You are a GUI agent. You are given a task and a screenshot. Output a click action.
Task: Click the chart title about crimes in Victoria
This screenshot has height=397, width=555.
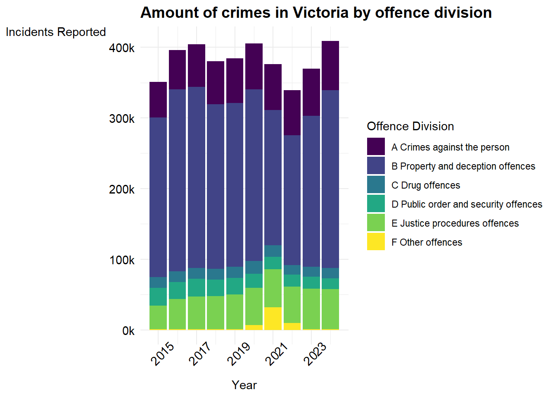(x=316, y=12)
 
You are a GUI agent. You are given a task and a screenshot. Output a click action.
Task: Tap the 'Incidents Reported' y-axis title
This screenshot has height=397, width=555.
(x=56, y=32)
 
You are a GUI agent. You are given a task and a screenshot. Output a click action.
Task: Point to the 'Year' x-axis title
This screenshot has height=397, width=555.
(x=244, y=385)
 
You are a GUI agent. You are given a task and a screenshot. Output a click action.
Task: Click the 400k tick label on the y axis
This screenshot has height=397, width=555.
(x=122, y=48)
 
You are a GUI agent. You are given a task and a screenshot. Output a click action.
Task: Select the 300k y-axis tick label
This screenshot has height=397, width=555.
(x=122, y=119)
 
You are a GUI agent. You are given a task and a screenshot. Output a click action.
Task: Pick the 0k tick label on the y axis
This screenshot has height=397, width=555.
(x=128, y=331)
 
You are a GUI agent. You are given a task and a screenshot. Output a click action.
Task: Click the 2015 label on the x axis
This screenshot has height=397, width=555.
(x=162, y=354)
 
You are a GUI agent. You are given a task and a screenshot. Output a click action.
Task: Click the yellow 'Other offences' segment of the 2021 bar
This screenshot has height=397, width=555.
(x=273, y=318)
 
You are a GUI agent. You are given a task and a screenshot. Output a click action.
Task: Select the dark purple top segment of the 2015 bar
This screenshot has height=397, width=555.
(x=158, y=100)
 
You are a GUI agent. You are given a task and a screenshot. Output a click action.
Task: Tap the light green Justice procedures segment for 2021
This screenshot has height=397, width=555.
(x=273, y=288)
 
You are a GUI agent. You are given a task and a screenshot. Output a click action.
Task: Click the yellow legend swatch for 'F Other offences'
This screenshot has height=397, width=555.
(x=376, y=242)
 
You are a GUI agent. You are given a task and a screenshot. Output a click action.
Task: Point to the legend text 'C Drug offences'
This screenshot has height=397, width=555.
(x=426, y=185)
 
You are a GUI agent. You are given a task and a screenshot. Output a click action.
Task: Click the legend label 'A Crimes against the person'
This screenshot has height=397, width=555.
(x=450, y=147)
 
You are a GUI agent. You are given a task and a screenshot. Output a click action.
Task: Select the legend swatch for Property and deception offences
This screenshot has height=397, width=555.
(x=376, y=165)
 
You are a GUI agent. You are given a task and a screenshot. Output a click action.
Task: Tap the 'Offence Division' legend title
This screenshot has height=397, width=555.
(x=410, y=126)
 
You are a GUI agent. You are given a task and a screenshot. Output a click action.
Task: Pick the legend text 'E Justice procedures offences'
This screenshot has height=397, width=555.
(x=455, y=224)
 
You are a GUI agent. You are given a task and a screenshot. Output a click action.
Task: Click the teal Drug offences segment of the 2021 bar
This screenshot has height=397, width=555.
(x=273, y=251)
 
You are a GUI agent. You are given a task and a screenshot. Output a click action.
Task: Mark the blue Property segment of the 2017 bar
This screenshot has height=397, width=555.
(x=197, y=177)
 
